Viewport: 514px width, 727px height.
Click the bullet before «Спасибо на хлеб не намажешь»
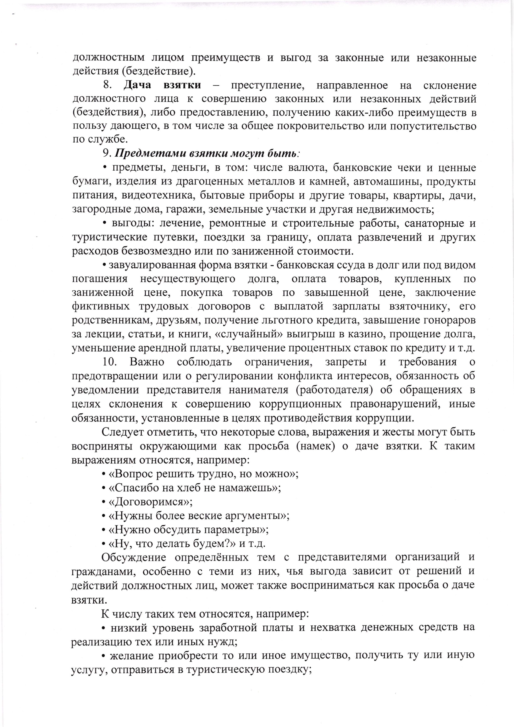(x=104, y=488)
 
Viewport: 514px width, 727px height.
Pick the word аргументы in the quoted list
(x=254, y=516)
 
